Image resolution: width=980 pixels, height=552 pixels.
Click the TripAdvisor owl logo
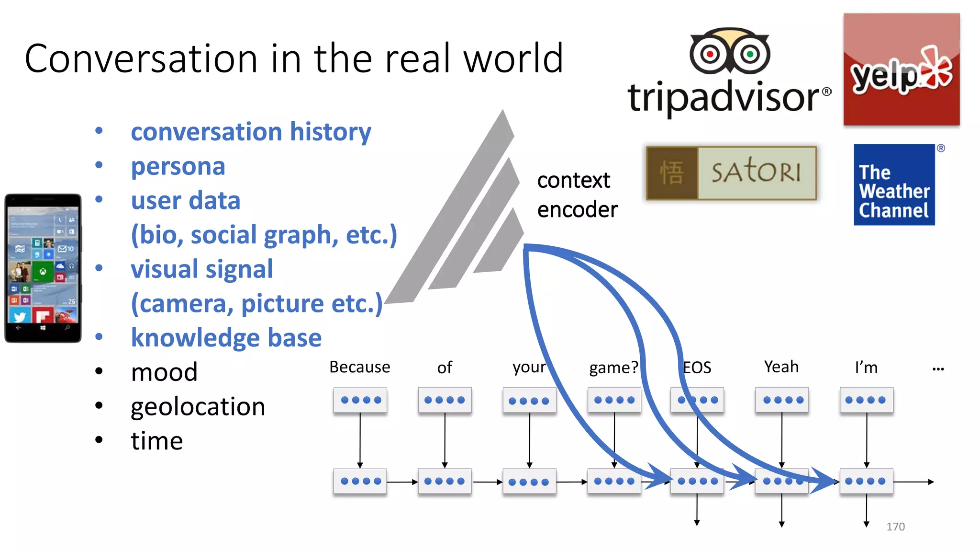tap(729, 52)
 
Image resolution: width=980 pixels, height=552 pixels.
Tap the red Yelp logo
tap(902, 70)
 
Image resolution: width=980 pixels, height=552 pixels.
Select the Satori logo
tap(731, 173)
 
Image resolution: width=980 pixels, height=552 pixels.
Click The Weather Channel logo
tap(894, 185)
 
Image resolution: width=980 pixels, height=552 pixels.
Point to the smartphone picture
tap(43, 268)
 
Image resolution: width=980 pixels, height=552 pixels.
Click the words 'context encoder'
tap(577, 195)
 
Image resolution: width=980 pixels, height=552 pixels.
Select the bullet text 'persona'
tap(178, 166)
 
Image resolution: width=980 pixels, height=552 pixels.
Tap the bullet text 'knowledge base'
tap(226, 338)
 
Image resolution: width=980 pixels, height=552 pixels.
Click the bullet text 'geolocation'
tap(198, 407)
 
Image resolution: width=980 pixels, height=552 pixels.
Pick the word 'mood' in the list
tap(164, 372)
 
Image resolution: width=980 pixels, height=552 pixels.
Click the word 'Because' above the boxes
tap(360, 367)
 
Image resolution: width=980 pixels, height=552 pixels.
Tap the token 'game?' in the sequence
tap(613, 368)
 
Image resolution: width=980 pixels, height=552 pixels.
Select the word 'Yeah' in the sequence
tap(781, 367)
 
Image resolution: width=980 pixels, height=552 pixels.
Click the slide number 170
tap(895, 527)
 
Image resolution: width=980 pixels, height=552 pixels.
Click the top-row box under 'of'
tap(445, 400)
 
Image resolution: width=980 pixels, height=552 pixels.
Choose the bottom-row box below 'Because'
tap(360, 481)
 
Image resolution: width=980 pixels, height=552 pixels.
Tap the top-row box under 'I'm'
tap(866, 400)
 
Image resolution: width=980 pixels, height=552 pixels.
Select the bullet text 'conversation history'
tap(251, 132)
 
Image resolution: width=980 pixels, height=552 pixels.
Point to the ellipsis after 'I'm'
tap(938, 369)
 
